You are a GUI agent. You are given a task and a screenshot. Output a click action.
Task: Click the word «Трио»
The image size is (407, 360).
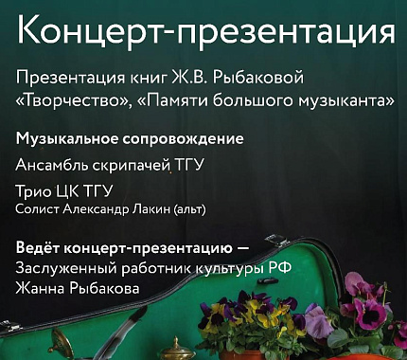tap(34, 192)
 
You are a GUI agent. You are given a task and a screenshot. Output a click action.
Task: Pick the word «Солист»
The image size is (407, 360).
tap(39, 208)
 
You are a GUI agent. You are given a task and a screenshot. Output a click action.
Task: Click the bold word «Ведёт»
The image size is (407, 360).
tap(39, 248)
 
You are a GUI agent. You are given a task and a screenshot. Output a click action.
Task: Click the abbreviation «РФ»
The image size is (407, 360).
tap(279, 267)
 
